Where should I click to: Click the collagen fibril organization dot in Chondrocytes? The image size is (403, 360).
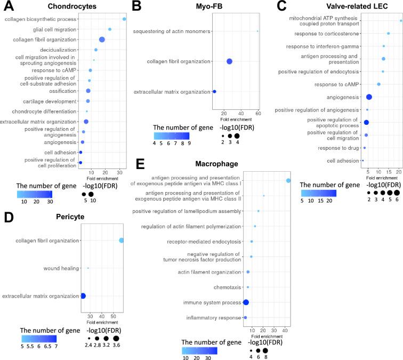[102, 39]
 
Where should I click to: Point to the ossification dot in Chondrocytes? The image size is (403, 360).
[88, 91]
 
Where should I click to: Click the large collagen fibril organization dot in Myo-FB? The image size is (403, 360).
[229, 61]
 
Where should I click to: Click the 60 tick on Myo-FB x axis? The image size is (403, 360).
[258, 113]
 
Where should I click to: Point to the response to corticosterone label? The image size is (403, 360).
[330, 34]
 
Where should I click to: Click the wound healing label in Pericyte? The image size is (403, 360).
[61, 268]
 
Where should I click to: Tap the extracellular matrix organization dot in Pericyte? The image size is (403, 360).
[83, 295]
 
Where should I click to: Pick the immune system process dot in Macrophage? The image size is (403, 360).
[246, 302]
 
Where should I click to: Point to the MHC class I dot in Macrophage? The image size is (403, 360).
[288, 181]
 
